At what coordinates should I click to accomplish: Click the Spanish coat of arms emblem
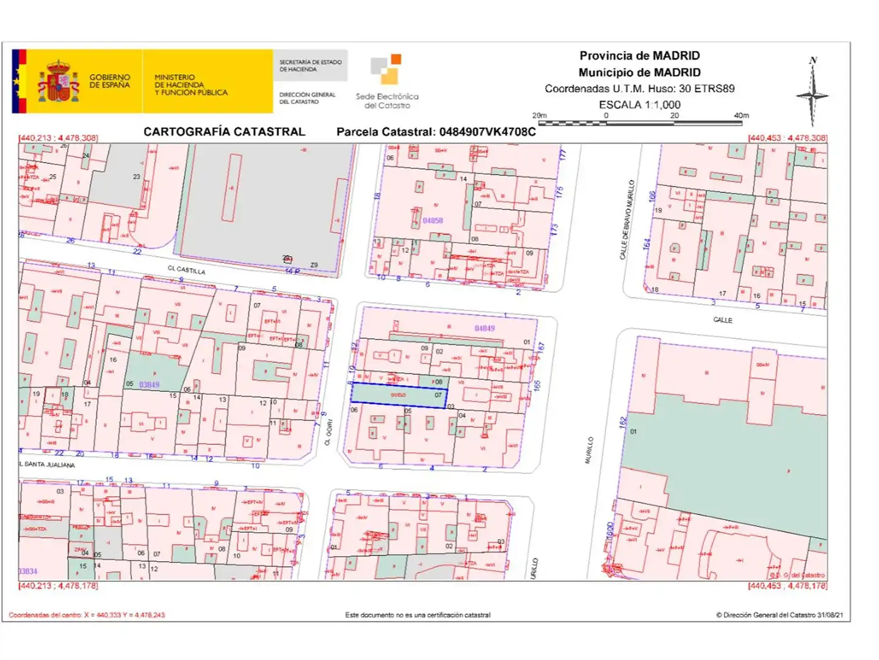tap(59, 81)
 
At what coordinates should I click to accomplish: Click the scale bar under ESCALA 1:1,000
tap(640, 123)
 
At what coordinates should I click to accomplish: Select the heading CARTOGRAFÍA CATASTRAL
tap(224, 132)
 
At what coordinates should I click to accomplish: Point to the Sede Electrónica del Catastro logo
tap(387, 82)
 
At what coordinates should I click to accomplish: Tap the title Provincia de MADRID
tap(639, 56)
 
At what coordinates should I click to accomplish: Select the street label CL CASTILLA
tap(186, 269)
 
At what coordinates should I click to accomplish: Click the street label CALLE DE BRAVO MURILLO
tap(627, 220)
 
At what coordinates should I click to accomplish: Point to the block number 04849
tap(485, 329)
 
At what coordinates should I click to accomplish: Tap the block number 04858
tap(433, 221)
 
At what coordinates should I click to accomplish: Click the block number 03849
tap(149, 385)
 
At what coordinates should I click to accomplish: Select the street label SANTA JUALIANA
tap(49, 464)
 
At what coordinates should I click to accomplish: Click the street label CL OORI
tap(328, 431)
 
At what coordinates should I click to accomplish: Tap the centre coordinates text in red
tap(87, 615)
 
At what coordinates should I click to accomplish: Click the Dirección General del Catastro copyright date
tap(780, 615)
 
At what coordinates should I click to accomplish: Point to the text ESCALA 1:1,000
tap(639, 105)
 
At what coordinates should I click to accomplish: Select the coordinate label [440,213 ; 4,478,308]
tap(59, 138)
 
